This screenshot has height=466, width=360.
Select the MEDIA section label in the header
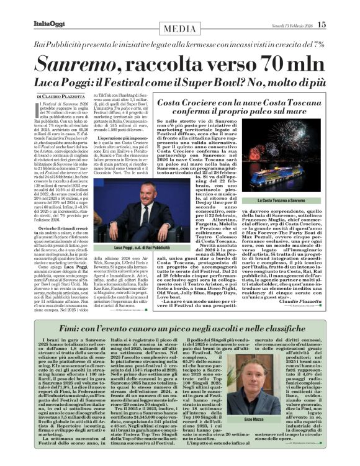tap(180, 30)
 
